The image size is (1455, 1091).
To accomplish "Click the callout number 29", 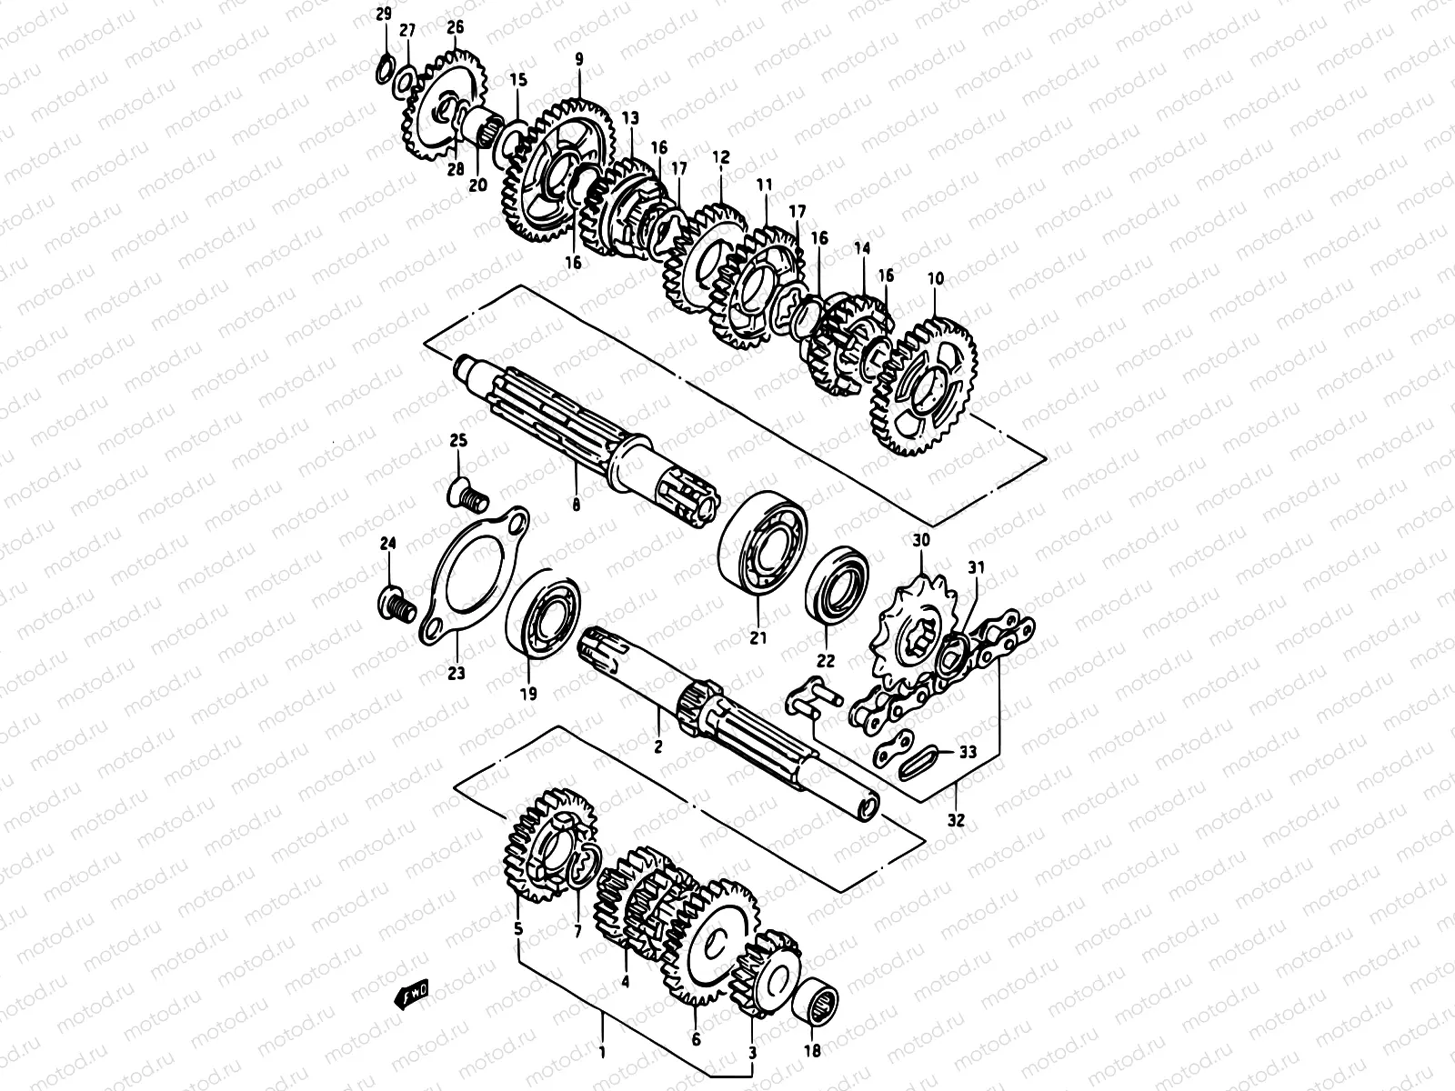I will (x=384, y=14).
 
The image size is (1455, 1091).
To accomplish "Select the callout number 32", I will (x=956, y=819).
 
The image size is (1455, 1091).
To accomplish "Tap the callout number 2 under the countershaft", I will (x=658, y=746).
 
